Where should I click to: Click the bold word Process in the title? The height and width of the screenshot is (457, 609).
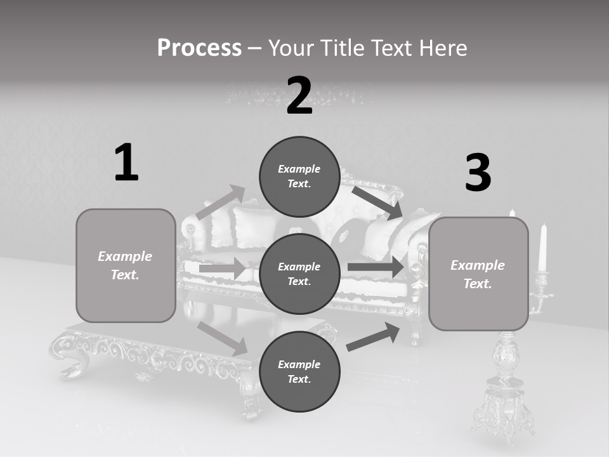click(x=199, y=48)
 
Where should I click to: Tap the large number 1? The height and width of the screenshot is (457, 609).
click(x=126, y=163)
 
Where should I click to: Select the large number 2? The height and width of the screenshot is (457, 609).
click(x=299, y=96)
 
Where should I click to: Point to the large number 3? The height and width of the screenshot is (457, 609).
click(x=478, y=173)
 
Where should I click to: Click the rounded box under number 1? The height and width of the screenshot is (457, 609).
click(x=126, y=265)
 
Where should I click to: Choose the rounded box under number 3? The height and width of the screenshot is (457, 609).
click(x=478, y=274)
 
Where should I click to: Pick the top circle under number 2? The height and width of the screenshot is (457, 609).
click(x=299, y=176)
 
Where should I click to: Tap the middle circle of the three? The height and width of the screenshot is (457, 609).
click(x=299, y=274)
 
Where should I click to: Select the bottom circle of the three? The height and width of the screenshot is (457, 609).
click(x=299, y=371)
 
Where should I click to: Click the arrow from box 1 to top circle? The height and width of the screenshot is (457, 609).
click(x=220, y=203)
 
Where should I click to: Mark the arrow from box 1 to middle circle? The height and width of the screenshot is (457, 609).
click(x=222, y=268)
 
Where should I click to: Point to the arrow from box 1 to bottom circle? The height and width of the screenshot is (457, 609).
click(x=223, y=338)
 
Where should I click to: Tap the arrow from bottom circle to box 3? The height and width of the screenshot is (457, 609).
click(x=374, y=337)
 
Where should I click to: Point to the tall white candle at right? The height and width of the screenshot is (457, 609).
click(x=542, y=248)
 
